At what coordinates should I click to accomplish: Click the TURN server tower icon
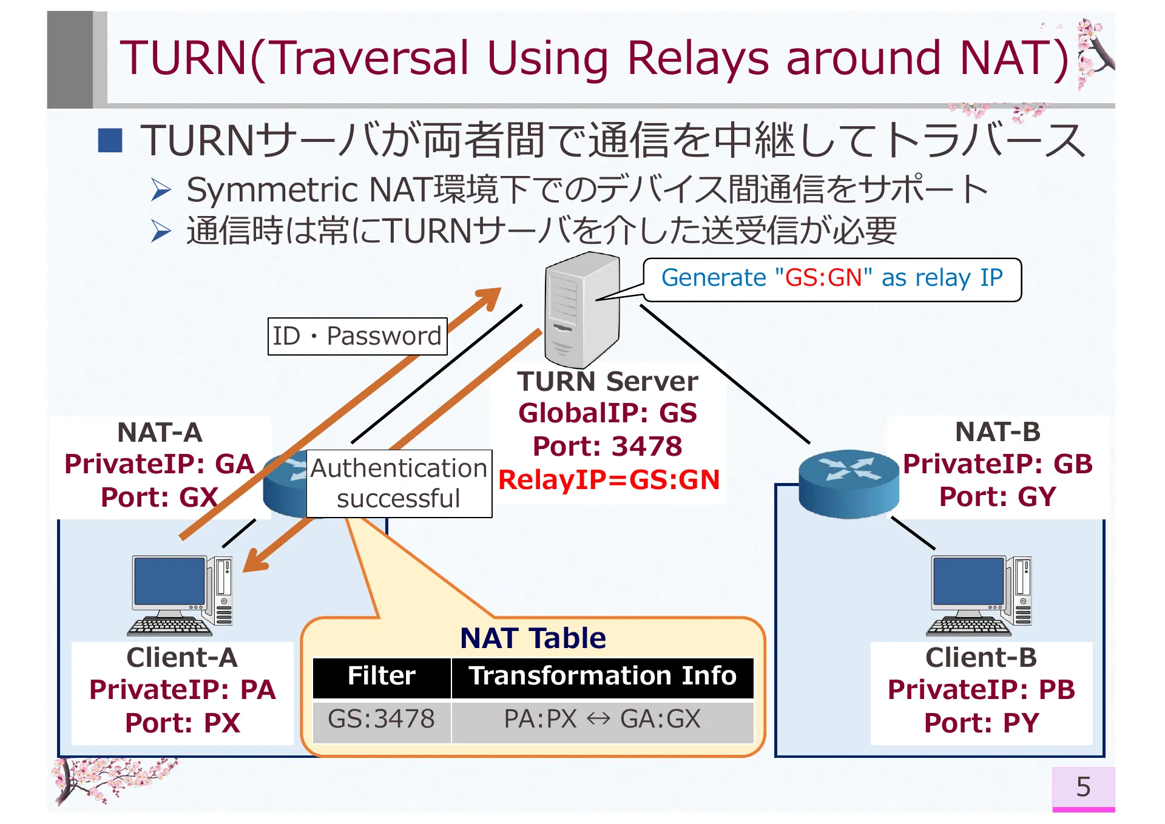[581, 309]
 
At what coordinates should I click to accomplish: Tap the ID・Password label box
[357, 336]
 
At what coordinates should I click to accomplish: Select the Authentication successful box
[399, 484]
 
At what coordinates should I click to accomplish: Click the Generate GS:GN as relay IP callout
[831, 279]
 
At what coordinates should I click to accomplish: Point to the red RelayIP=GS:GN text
[609, 480]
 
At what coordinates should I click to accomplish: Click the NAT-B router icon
[848, 483]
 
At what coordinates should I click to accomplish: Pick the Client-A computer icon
[181, 595]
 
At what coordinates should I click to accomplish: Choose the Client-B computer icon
[980, 595]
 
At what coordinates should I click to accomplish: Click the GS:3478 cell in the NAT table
[381, 720]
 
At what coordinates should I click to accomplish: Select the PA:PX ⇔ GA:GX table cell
[602, 720]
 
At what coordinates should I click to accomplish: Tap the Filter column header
[381, 676]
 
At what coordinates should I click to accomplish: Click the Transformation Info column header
[602, 676]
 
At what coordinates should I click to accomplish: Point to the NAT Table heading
[533, 638]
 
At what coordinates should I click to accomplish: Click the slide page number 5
[1082, 787]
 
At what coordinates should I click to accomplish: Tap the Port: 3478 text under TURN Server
[607, 447]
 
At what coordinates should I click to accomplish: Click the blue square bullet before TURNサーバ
[110, 140]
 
